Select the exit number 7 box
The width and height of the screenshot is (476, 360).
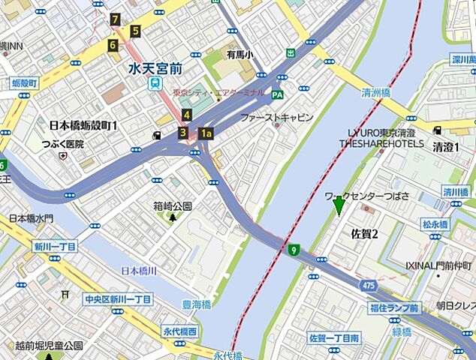pos(114,19)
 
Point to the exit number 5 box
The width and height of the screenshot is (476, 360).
pos(135,31)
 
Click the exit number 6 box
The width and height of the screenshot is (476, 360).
pos(113,45)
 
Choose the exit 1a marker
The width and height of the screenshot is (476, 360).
pos(206,133)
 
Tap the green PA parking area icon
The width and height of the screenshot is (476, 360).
pos(277,94)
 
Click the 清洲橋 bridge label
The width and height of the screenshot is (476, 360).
pos(376,94)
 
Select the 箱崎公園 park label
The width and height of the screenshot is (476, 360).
pos(173,205)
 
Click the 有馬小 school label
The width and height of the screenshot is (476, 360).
pos(240,54)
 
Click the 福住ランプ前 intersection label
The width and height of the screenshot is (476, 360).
pos(393,307)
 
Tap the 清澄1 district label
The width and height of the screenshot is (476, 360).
pos(446,147)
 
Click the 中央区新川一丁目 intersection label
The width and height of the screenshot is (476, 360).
pos(118,299)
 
